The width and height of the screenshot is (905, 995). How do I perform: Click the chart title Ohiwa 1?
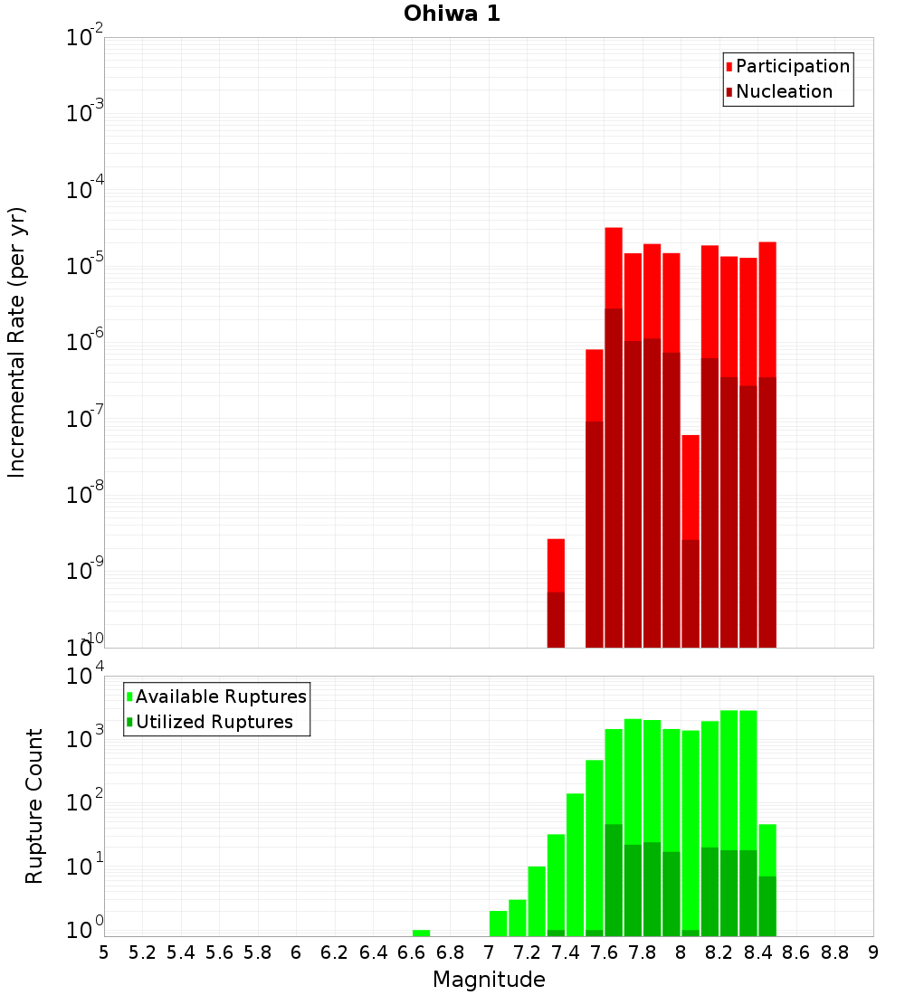coord(452,14)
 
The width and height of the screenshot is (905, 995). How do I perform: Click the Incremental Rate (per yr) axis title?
coord(17,342)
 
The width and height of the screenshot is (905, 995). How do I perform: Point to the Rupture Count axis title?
coord(34,806)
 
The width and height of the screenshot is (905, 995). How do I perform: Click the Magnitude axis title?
coord(489,980)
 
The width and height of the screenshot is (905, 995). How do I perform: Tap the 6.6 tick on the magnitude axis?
coord(412,952)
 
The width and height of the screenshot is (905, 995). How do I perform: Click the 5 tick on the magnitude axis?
coord(104,952)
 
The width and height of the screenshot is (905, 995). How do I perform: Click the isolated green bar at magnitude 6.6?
coord(421,933)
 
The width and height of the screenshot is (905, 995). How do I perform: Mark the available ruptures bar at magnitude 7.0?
coord(498,924)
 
